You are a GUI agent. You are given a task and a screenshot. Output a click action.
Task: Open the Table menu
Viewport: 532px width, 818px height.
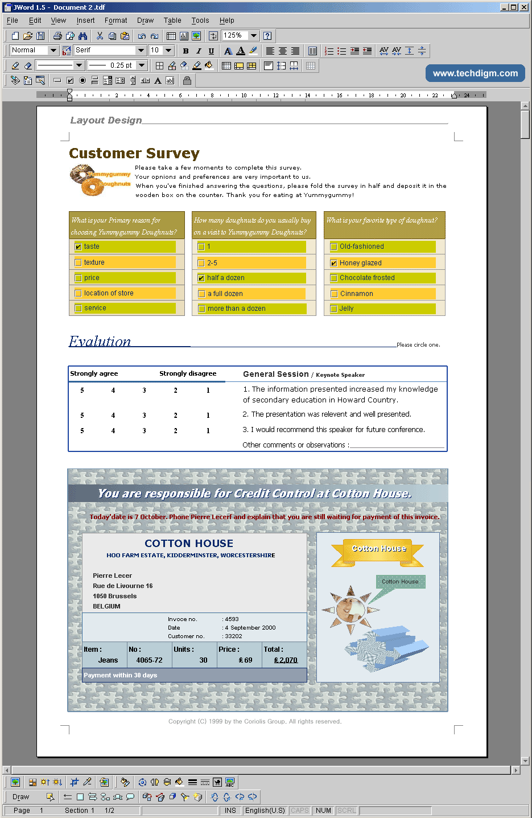point(172,20)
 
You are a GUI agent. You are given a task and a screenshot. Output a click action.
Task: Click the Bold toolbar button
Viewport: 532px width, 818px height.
point(185,51)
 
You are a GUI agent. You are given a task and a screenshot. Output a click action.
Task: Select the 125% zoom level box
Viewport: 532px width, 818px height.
point(234,35)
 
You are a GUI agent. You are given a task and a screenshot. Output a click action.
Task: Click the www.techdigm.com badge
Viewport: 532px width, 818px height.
point(475,73)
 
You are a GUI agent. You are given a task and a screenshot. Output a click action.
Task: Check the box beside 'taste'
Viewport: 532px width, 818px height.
point(79,247)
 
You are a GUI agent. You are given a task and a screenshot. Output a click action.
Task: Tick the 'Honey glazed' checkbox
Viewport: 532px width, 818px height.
point(334,263)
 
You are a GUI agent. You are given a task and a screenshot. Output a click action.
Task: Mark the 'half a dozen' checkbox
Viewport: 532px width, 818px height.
point(201,278)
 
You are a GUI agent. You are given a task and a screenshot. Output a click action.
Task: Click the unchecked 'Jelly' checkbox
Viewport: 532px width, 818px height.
point(334,309)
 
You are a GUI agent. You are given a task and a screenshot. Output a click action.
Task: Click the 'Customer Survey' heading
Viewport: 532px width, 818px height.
point(134,154)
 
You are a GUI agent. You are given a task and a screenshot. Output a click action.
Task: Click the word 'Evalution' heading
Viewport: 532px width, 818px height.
point(100,342)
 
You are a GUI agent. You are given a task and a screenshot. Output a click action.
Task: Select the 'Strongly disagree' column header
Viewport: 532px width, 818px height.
point(188,374)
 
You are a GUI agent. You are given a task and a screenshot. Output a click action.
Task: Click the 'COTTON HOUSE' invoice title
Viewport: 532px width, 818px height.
point(189,544)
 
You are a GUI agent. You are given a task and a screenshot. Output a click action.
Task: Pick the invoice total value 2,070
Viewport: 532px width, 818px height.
point(286,660)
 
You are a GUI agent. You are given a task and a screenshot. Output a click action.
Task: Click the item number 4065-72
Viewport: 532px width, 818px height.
point(149,660)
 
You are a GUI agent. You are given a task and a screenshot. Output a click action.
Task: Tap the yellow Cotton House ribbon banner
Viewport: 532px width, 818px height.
point(378,549)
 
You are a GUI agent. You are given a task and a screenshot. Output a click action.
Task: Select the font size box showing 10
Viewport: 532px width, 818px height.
point(156,50)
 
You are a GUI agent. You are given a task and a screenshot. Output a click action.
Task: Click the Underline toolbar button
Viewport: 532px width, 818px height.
point(211,51)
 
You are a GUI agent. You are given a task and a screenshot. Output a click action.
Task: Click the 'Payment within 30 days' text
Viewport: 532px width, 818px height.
point(121,675)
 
